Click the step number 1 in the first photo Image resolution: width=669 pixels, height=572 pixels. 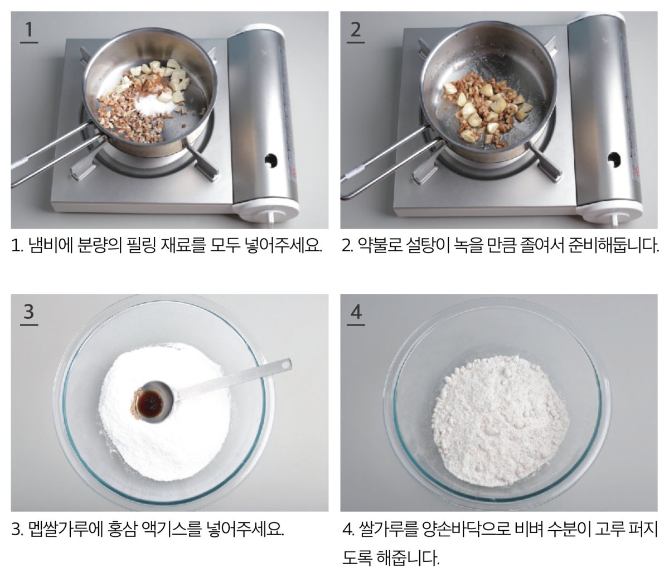coord(29,30)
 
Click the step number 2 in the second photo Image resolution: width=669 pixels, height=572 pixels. coord(355,30)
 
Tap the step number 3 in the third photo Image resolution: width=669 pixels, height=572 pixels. coord(29,312)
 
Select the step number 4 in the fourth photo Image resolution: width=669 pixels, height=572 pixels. coord(356,312)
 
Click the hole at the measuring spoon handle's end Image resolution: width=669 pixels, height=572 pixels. coord(285,365)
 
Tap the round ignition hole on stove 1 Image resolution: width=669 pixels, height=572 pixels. coord(270,160)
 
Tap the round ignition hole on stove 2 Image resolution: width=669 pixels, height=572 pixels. coord(614,160)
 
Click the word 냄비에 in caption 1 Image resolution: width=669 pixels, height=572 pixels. coord(50,245)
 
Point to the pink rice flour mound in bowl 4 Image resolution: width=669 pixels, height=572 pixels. coord(500,420)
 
